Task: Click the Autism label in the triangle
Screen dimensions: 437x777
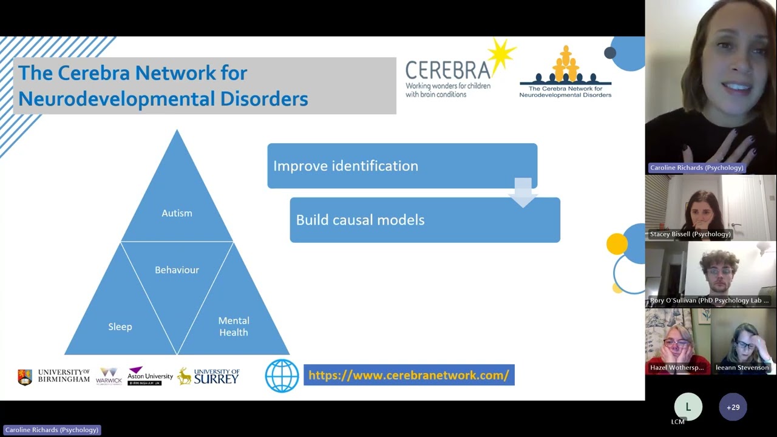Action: pos(177,213)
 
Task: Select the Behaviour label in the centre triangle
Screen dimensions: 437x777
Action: pos(177,269)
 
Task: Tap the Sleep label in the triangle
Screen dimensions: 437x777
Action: pos(120,327)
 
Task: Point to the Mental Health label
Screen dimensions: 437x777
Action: pos(234,327)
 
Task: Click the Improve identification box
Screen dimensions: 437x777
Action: pos(402,166)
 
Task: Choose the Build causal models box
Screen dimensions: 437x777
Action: pos(425,220)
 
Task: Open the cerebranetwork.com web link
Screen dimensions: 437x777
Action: pos(409,375)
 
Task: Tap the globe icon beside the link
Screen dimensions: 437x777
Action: pos(282,376)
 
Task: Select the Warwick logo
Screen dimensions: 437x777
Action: pos(109,376)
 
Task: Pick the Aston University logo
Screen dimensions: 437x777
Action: pos(150,376)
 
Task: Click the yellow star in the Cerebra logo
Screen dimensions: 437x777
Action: pos(501,56)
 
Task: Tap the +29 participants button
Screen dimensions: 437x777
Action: pos(733,407)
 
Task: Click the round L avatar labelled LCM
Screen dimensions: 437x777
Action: pos(688,407)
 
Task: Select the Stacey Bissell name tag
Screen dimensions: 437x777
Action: pos(690,234)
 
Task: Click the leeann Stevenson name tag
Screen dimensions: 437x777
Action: pos(742,368)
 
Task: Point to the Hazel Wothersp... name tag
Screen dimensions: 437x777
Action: pos(677,368)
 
